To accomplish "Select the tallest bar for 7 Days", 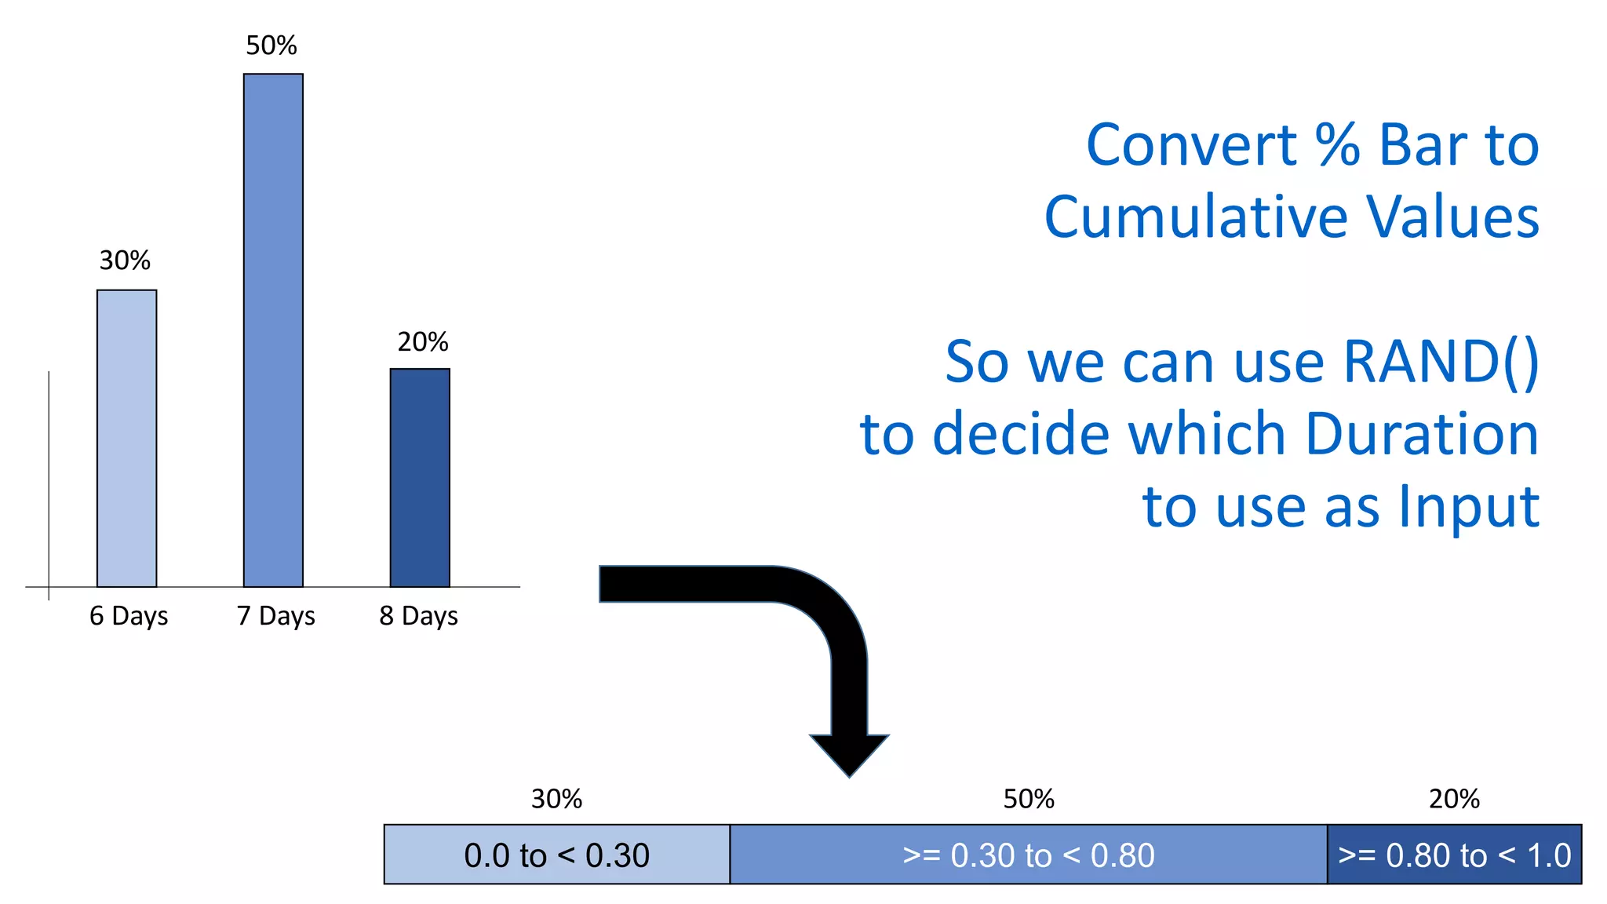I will pyautogui.click(x=273, y=330).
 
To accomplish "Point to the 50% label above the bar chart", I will pyautogui.click(x=271, y=46).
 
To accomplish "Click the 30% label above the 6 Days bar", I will pyautogui.click(x=125, y=261).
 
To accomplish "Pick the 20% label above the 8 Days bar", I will pyautogui.click(x=422, y=342).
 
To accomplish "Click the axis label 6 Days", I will pyautogui.click(x=129, y=616).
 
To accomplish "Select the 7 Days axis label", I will pyautogui.click(x=276, y=616).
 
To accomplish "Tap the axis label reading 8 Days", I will pyautogui.click(x=418, y=616).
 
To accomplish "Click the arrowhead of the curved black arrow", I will pyautogui.click(x=849, y=753).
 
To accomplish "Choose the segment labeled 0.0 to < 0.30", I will pyautogui.click(x=556, y=855).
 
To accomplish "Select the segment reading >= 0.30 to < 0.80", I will pyautogui.click(x=1028, y=855).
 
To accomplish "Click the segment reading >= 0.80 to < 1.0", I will pyautogui.click(x=1454, y=855).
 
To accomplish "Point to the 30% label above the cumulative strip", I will pyautogui.click(x=556, y=799).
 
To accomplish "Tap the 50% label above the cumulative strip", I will pyautogui.click(x=1029, y=799).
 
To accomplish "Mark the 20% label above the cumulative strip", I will pyautogui.click(x=1454, y=799).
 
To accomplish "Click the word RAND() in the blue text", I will pyautogui.click(x=1441, y=363).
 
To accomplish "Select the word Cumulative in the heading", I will pyautogui.click(x=1196, y=217).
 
